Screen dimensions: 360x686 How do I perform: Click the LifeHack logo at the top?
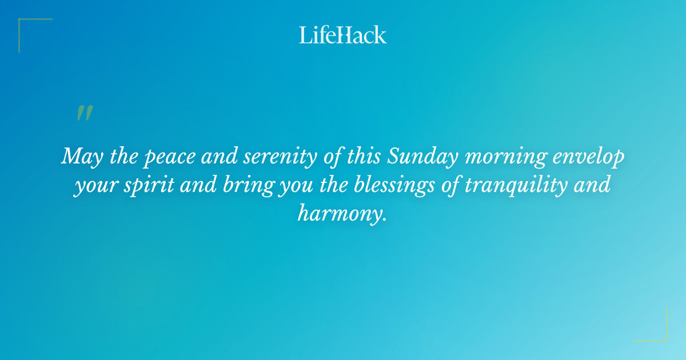pos(342,35)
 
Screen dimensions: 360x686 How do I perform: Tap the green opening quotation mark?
pos(84,113)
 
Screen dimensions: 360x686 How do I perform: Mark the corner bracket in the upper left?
pos(23,23)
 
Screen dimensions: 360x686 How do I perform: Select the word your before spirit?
pos(98,185)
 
